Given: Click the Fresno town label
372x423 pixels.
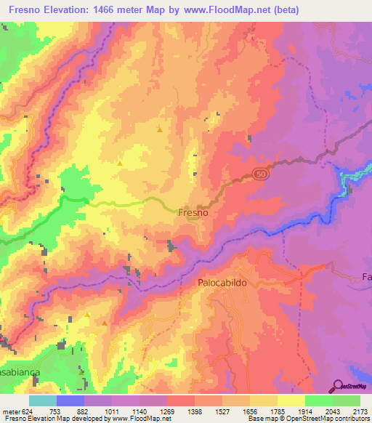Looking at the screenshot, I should (x=193, y=214).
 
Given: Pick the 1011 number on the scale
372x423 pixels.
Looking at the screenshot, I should (x=113, y=411).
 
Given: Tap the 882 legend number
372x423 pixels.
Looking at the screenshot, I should (x=84, y=411).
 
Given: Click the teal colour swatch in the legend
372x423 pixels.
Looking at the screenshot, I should (x=42, y=400).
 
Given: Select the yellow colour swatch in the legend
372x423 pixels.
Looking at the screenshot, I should (x=291, y=400).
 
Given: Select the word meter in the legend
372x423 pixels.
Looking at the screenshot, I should (x=11, y=411).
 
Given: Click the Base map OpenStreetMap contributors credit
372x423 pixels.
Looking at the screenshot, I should (x=308, y=419).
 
